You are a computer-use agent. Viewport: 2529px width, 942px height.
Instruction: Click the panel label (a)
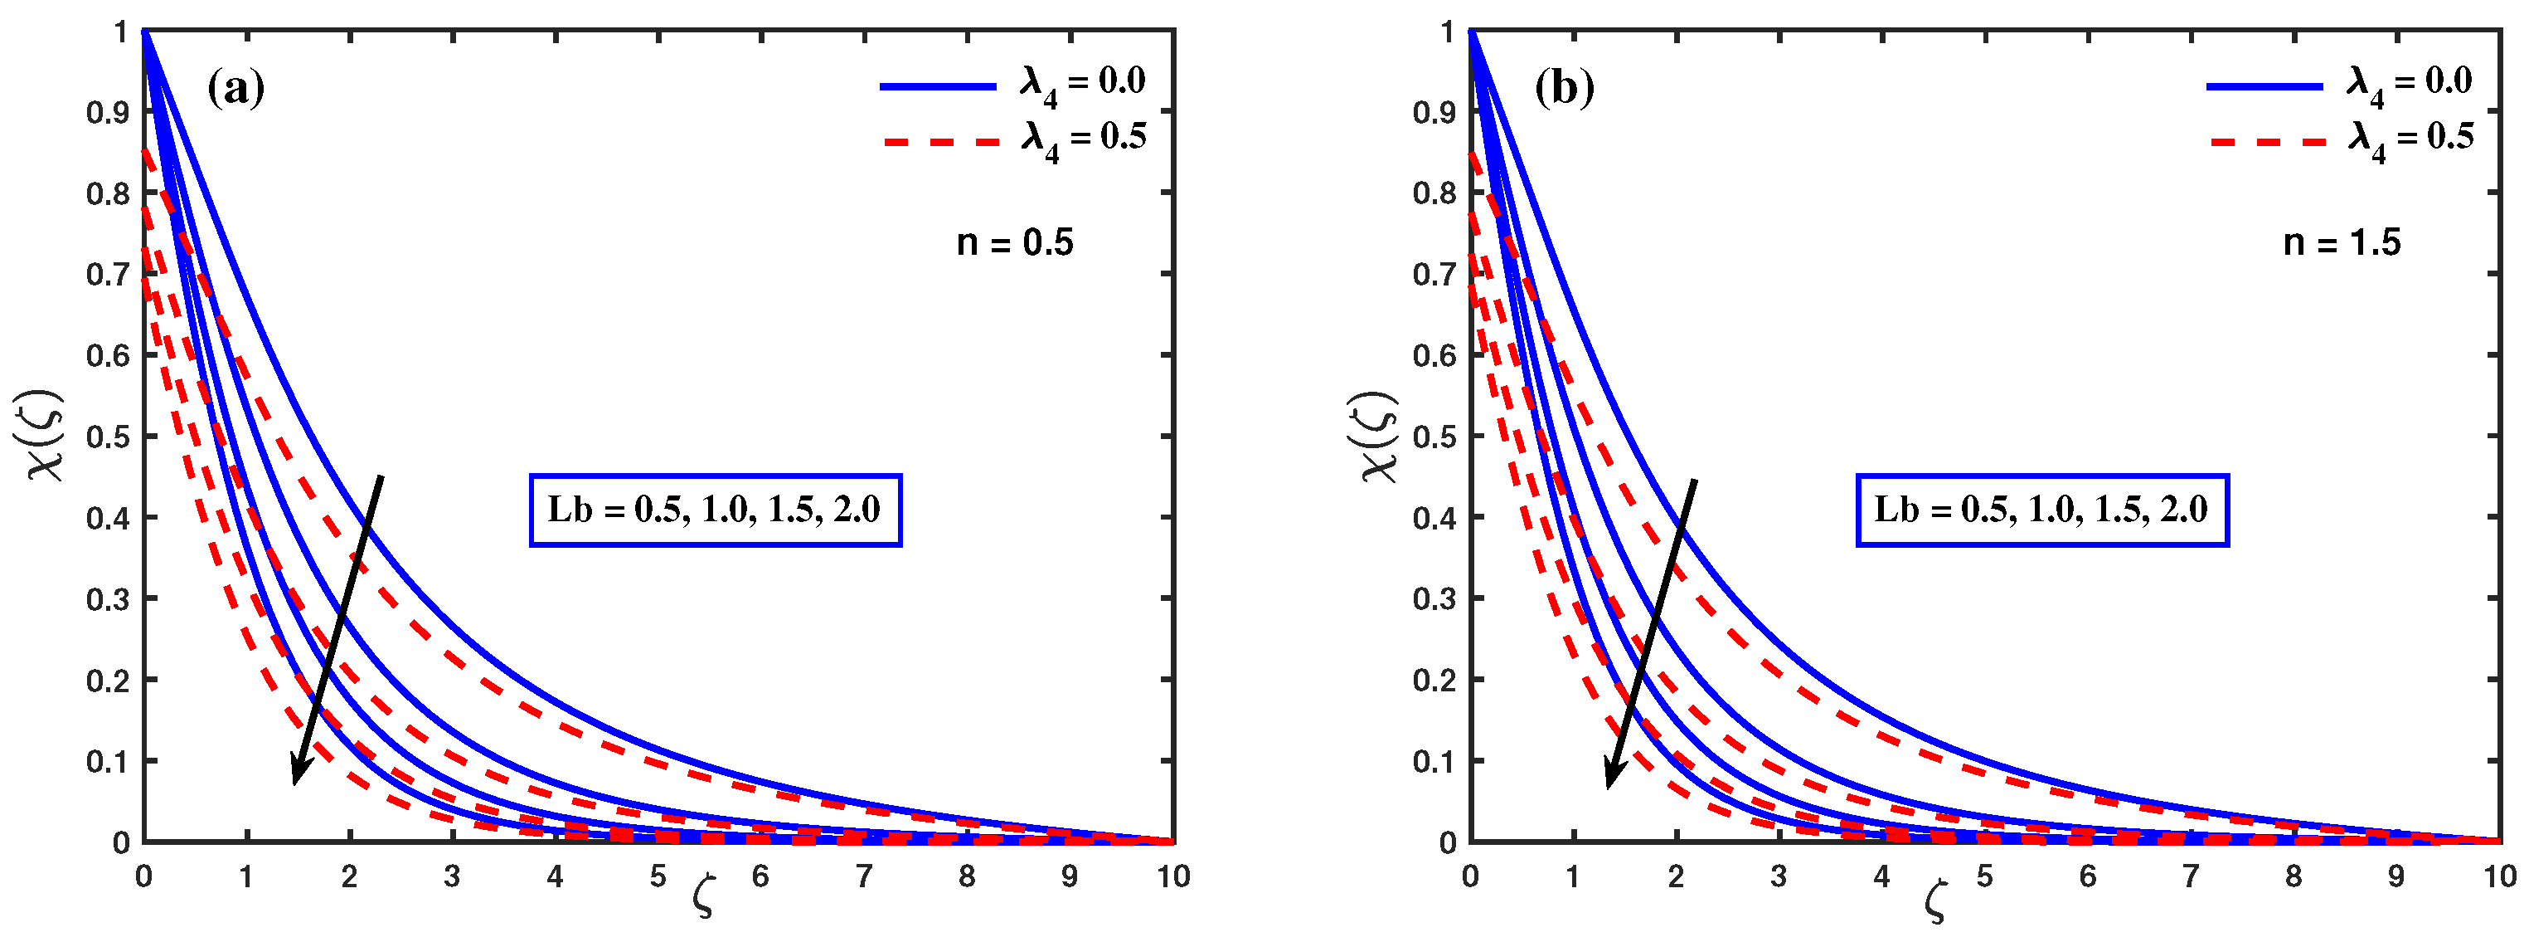(235, 90)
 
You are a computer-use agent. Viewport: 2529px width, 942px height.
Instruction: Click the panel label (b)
(1564, 90)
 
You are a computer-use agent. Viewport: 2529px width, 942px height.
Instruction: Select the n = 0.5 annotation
(1015, 242)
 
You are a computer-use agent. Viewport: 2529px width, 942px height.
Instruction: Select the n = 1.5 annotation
(2342, 242)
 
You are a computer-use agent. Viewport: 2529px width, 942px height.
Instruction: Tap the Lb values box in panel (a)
(715, 510)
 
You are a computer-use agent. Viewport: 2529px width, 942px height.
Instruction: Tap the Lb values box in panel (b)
(2042, 510)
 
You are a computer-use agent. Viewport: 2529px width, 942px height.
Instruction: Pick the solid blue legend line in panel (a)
(938, 86)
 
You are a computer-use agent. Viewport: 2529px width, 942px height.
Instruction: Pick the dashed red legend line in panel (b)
(2268, 143)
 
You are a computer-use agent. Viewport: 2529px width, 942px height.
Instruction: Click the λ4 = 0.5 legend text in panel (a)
(1084, 139)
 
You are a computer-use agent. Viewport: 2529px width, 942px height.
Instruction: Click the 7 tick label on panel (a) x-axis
(863, 877)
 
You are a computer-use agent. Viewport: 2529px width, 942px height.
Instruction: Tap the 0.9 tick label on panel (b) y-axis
(1434, 113)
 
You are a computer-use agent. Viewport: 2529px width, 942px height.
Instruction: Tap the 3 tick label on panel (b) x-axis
(1778, 877)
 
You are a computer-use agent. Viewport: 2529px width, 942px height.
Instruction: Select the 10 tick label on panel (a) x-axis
(1172, 877)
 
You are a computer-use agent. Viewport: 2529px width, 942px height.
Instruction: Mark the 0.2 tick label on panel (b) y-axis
(1434, 681)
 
